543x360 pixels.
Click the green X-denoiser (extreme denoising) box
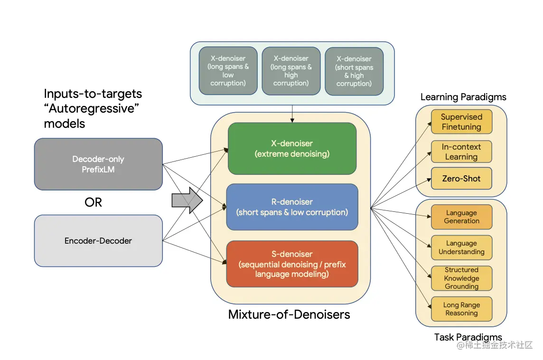coord(292,148)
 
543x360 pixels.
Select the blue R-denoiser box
coord(292,207)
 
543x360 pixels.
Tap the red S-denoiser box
coord(292,264)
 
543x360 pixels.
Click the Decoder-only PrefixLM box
coord(98,164)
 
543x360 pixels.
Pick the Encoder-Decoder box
coord(98,241)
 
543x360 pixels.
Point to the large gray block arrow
coord(187,200)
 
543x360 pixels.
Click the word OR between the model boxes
coord(93,202)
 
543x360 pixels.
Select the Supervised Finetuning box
coord(462,122)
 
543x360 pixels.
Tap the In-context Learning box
coord(462,152)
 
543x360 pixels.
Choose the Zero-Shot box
coord(462,179)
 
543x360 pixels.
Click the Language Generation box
coord(462,217)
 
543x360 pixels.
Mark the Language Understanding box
coord(462,247)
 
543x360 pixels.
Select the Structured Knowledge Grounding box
coord(462,278)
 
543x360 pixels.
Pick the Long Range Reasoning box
coord(462,309)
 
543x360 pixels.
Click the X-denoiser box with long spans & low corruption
coord(228,71)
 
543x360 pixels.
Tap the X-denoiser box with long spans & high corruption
coord(291,71)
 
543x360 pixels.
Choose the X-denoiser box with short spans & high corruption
coord(354,71)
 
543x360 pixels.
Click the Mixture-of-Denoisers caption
coord(289,314)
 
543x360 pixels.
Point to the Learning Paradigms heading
coord(463,97)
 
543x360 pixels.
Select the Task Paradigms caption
coord(468,337)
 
